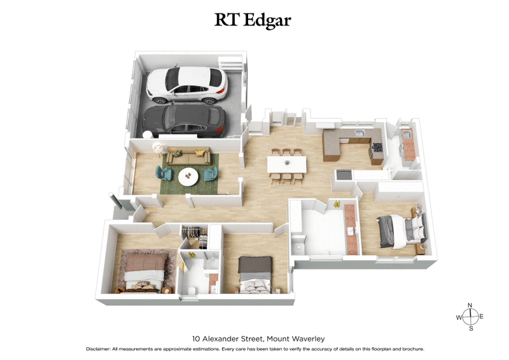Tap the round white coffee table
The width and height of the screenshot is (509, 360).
[x=188, y=176]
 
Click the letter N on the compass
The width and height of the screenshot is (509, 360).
[x=470, y=305]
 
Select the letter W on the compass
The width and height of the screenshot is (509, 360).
[x=458, y=317]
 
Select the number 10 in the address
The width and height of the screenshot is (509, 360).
[x=197, y=339]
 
